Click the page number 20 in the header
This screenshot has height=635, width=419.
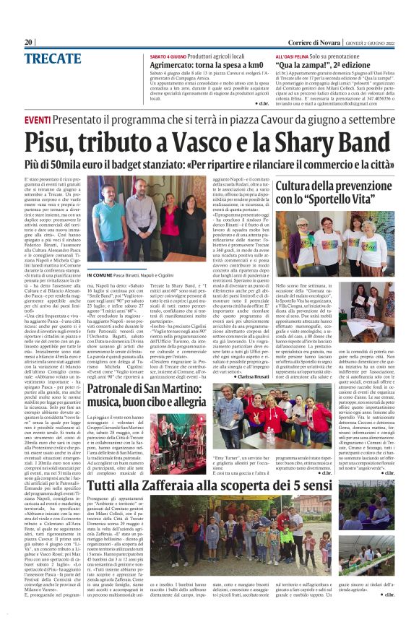[29, 42]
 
